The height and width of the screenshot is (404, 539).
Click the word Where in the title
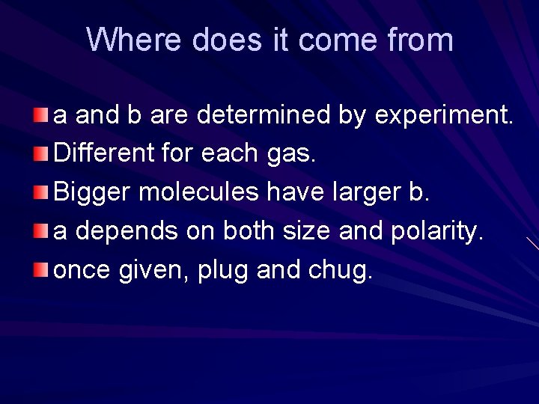pyautogui.click(x=133, y=40)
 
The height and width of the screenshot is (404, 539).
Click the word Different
pyautogui.click(x=103, y=153)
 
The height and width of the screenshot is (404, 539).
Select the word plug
pyautogui.click(x=223, y=270)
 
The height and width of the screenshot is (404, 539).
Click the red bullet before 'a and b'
pyautogui.click(x=41, y=115)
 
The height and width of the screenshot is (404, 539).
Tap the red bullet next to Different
pyautogui.click(x=41, y=154)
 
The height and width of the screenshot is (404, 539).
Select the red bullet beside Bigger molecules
pyautogui.click(x=41, y=192)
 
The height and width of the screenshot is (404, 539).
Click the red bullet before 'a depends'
pyautogui.click(x=41, y=231)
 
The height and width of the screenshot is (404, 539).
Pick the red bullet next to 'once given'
pyautogui.click(x=41, y=269)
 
